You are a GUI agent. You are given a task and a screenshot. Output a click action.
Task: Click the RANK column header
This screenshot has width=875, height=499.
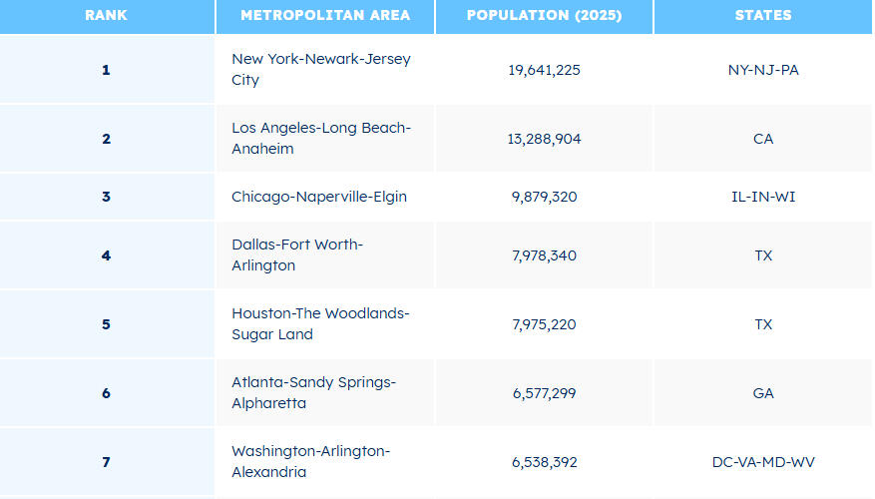[106, 16]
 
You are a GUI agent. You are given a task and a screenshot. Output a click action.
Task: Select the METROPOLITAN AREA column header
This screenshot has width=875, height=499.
[324, 16]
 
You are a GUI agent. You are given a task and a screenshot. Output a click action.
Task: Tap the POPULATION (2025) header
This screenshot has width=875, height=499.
[544, 16]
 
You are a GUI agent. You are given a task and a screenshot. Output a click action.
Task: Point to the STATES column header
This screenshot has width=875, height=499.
[762, 16]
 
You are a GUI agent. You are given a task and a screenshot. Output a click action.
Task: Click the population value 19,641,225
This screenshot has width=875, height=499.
[544, 70]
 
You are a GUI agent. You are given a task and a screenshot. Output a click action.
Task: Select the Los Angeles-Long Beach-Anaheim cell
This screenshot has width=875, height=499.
[321, 139]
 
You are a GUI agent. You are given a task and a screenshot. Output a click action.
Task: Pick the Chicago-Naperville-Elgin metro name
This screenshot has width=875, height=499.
[319, 197]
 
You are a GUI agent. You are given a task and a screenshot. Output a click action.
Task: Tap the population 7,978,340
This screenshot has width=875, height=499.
[544, 255]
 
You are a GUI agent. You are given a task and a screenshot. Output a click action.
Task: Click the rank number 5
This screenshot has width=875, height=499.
[106, 324]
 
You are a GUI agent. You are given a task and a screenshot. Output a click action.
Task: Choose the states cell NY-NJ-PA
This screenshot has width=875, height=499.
[763, 70]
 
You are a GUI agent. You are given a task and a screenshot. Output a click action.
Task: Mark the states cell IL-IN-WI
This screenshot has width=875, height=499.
[763, 197]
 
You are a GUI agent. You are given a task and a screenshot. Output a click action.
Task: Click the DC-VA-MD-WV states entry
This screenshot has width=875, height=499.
[763, 462]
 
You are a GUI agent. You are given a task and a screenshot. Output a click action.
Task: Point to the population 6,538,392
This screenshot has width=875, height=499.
[544, 462]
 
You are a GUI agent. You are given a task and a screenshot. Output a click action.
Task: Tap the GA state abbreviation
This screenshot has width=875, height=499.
[763, 393]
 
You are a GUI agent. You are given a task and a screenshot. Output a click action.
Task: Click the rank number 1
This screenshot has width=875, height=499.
[106, 70]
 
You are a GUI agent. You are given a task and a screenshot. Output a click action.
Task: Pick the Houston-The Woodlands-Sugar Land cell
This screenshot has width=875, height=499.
[320, 324]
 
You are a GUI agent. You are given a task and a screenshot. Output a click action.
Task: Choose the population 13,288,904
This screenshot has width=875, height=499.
[544, 139]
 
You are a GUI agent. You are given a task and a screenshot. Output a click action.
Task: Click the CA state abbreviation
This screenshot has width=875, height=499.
[763, 139]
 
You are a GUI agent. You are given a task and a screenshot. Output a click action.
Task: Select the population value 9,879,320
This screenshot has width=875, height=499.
[544, 197]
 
